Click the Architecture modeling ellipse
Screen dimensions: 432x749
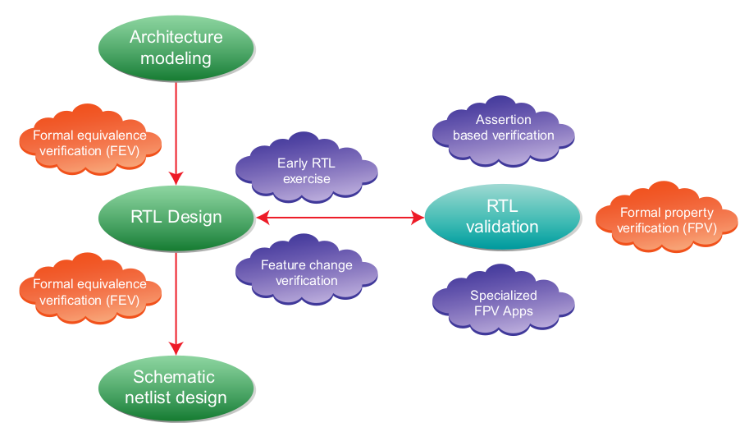click(176, 48)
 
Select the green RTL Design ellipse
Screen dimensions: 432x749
click(176, 218)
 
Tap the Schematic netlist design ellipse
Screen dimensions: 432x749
click(176, 388)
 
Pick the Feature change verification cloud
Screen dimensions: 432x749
click(306, 273)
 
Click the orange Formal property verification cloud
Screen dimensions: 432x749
click(666, 219)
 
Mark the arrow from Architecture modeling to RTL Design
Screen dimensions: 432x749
click(176, 131)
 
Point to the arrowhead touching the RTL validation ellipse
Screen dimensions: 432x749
click(418, 218)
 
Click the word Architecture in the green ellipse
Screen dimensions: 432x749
click(176, 38)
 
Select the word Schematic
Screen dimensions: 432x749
click(174, 377)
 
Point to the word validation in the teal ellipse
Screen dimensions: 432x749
click(502, 227)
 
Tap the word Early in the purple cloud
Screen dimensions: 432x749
click(292, 163)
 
